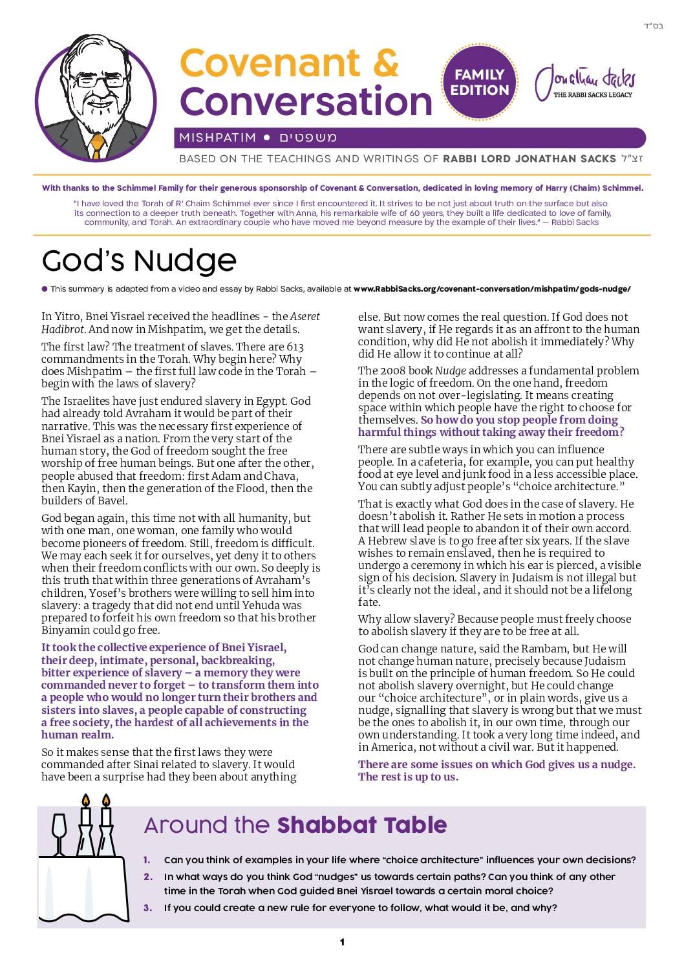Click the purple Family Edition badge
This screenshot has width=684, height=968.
(480, 82)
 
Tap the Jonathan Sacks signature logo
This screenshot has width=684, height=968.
(585, 82)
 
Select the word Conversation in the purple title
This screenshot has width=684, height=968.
(306, 102)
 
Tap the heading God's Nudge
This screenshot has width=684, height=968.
(139, 261)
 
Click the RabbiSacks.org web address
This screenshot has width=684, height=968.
(492, 289)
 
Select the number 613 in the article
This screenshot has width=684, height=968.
(294, 347)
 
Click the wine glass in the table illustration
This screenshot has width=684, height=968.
(59, 832)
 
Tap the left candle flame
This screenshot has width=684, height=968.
(85, 801)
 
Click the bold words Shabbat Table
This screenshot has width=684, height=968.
(362, 825)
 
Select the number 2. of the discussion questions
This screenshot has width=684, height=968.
(148, 877)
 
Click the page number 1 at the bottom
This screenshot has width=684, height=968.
(342, 942)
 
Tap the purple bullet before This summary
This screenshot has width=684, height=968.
(45, 289)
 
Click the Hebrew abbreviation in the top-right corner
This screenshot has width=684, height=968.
(654, 27)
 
